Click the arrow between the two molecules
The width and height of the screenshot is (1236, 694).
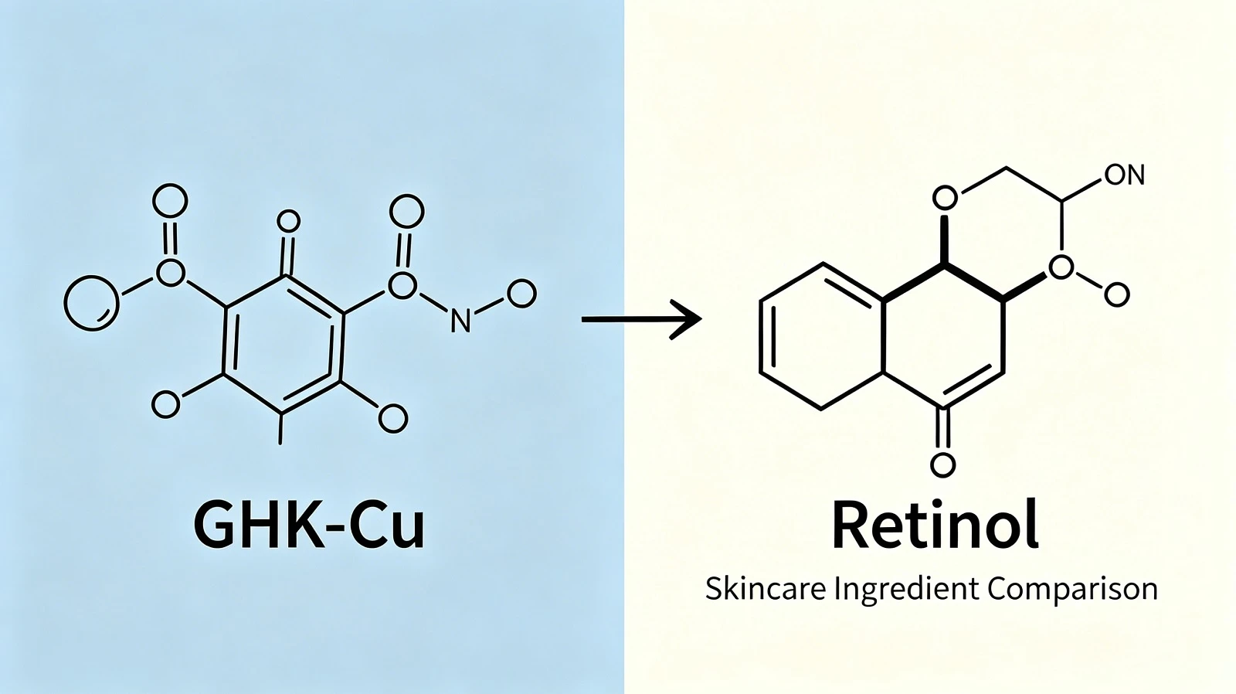642,319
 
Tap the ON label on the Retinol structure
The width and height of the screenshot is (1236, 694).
1125,175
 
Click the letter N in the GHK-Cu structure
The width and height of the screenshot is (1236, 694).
460,320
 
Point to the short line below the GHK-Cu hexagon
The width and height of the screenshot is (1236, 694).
281,428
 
